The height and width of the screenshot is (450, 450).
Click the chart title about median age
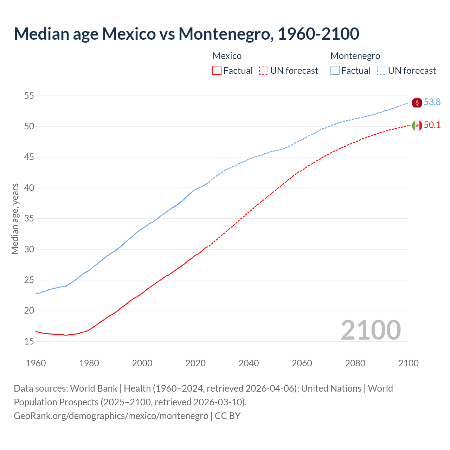click(x=186, y=34)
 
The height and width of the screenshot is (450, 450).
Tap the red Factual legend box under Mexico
click(x=217, y=70)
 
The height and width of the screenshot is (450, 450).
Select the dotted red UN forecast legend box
click(x=264, y=70)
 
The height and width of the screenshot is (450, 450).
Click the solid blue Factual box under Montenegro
click(x=335, y=70)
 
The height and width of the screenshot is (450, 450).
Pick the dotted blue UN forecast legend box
click(x=382, y=70)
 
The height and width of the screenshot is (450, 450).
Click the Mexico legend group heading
click(x=227, y=56)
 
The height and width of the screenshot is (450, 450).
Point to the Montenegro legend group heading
click(x=355, y=56)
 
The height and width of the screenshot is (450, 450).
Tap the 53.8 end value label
click(x=432, y=102)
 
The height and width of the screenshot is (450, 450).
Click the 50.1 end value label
click(x=432, y=125)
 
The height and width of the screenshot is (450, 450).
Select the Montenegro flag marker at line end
click(x=417, y=103)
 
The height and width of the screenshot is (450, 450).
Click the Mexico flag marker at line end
click(x=417, y=125)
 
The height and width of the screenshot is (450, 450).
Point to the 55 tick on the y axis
click(x=29, y=96)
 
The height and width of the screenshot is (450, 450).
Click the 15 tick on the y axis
click(x=29, y=341)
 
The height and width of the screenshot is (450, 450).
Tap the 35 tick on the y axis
click(x=29, y=218)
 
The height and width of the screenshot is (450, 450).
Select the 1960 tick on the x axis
click(x=36, y=363)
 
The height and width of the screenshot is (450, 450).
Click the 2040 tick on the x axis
click(x=249, y=363)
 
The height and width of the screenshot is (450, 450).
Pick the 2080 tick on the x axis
click(x=355, y=363)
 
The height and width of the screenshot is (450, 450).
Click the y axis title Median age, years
click(x=15, y=219)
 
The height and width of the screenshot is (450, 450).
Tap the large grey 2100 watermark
click(x=371, y=330)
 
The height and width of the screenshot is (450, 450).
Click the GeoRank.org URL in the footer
click(x=111, y=416)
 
